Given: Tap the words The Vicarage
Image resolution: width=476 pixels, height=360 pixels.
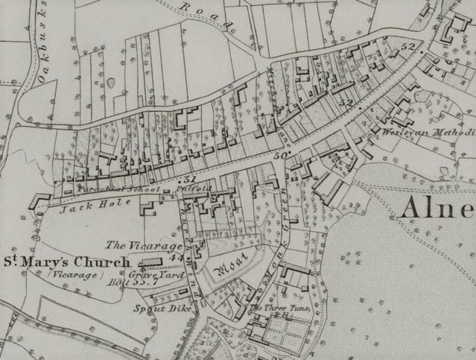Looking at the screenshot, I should pyautogui.click(x=134, y=245).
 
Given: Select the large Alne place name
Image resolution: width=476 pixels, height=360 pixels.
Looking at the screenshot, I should pyautogui.click(x=437, y=208).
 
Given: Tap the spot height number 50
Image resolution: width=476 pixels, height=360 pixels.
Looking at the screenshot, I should pyautogui.click(x=280, y=156).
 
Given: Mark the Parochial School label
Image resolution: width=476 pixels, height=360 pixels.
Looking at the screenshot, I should pyautogui.click(x=118, y=190).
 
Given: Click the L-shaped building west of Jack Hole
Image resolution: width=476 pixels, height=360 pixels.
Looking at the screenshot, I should pyautogui.click(x=38, y=201).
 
